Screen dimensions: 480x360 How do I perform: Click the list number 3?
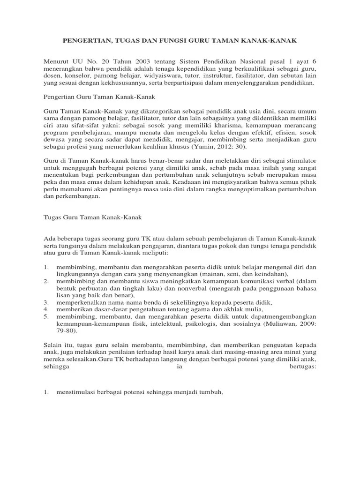[x=46, y=303]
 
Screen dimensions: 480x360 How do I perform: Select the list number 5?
[x=46, y=317]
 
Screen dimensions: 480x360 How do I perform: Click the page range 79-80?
[x=65, y=331]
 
